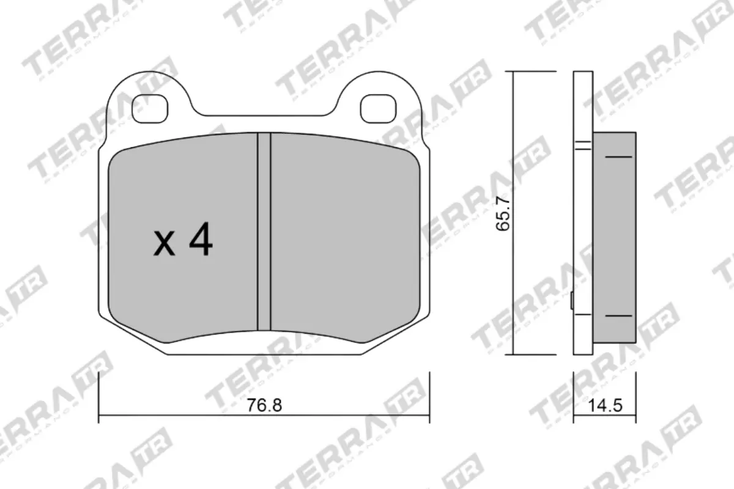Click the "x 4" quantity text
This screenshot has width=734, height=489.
pos(182,242)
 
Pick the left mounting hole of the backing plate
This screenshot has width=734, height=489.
pos(150,108)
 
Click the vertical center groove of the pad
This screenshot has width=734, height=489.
pos(264,232)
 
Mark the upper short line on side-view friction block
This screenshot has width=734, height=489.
pos(618,157)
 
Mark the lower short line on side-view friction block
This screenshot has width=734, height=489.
pos(618,316)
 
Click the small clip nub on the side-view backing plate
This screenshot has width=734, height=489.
pos(571,301)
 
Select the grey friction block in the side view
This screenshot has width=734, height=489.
pos(614,238)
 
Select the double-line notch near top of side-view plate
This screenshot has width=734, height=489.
pos(583,145)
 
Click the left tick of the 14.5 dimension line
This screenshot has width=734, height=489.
pos(573,397)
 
